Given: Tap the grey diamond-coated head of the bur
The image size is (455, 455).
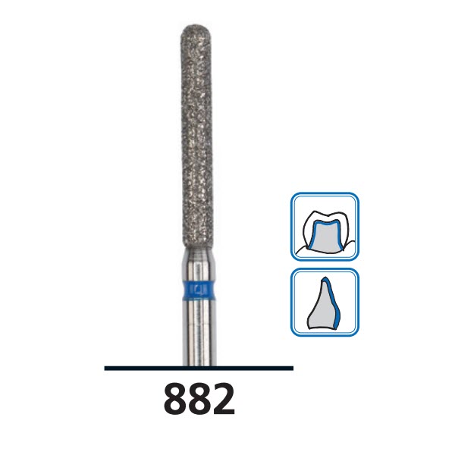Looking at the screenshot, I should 199,136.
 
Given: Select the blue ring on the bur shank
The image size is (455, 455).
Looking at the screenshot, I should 199,289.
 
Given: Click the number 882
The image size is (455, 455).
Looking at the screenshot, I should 199,399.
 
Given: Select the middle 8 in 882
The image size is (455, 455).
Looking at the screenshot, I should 199,399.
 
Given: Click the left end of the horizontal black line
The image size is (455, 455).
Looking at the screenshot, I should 106,368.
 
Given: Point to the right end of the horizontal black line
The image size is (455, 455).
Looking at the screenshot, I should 291,368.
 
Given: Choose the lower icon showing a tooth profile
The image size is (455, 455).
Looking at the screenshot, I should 325,302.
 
